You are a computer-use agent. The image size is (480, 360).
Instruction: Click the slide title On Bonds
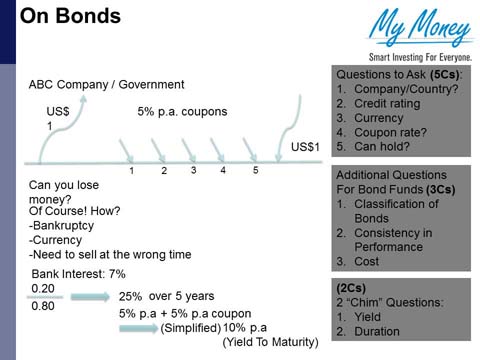point(70,17)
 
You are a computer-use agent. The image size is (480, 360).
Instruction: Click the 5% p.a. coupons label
point(183,112)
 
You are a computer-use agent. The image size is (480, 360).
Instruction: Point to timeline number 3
point(193,171)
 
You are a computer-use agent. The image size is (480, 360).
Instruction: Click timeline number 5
point(255,171)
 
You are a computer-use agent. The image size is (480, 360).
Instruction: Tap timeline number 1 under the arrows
point(131,171)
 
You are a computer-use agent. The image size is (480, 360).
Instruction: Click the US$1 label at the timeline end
point(305,148)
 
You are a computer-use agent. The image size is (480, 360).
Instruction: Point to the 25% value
point(130,297)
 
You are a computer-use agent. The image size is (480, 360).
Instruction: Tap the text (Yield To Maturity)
point(270,342)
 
